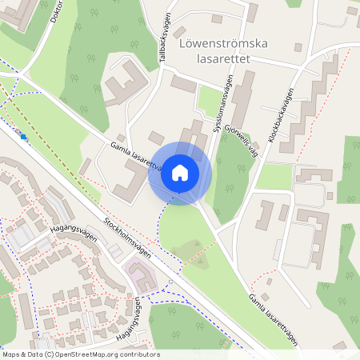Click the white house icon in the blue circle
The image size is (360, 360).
click(x=180, y=173)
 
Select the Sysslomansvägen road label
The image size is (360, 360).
click(x=223, y=103)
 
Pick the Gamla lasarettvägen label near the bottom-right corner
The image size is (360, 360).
click(x=277, y=319)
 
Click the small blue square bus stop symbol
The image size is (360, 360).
click(x=24, y=137)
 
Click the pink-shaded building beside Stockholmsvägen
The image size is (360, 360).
click(x=141, y=277)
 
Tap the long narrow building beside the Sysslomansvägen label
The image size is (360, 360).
click(x=242, y=100)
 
